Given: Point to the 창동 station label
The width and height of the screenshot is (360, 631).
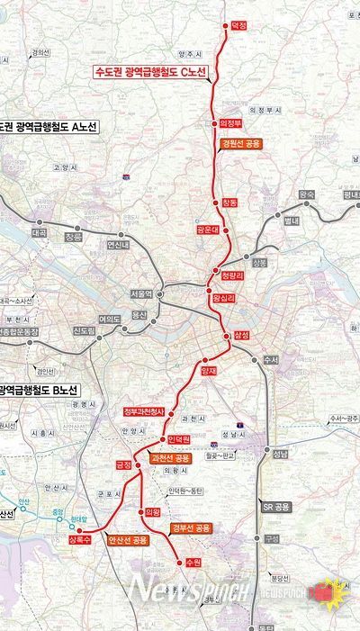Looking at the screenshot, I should (230, 203).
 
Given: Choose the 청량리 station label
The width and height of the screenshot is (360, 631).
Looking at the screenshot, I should (233, 273).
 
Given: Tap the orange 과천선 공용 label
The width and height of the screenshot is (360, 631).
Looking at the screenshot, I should (171, 458).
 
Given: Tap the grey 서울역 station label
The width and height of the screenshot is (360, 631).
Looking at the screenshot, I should (141, 294).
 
